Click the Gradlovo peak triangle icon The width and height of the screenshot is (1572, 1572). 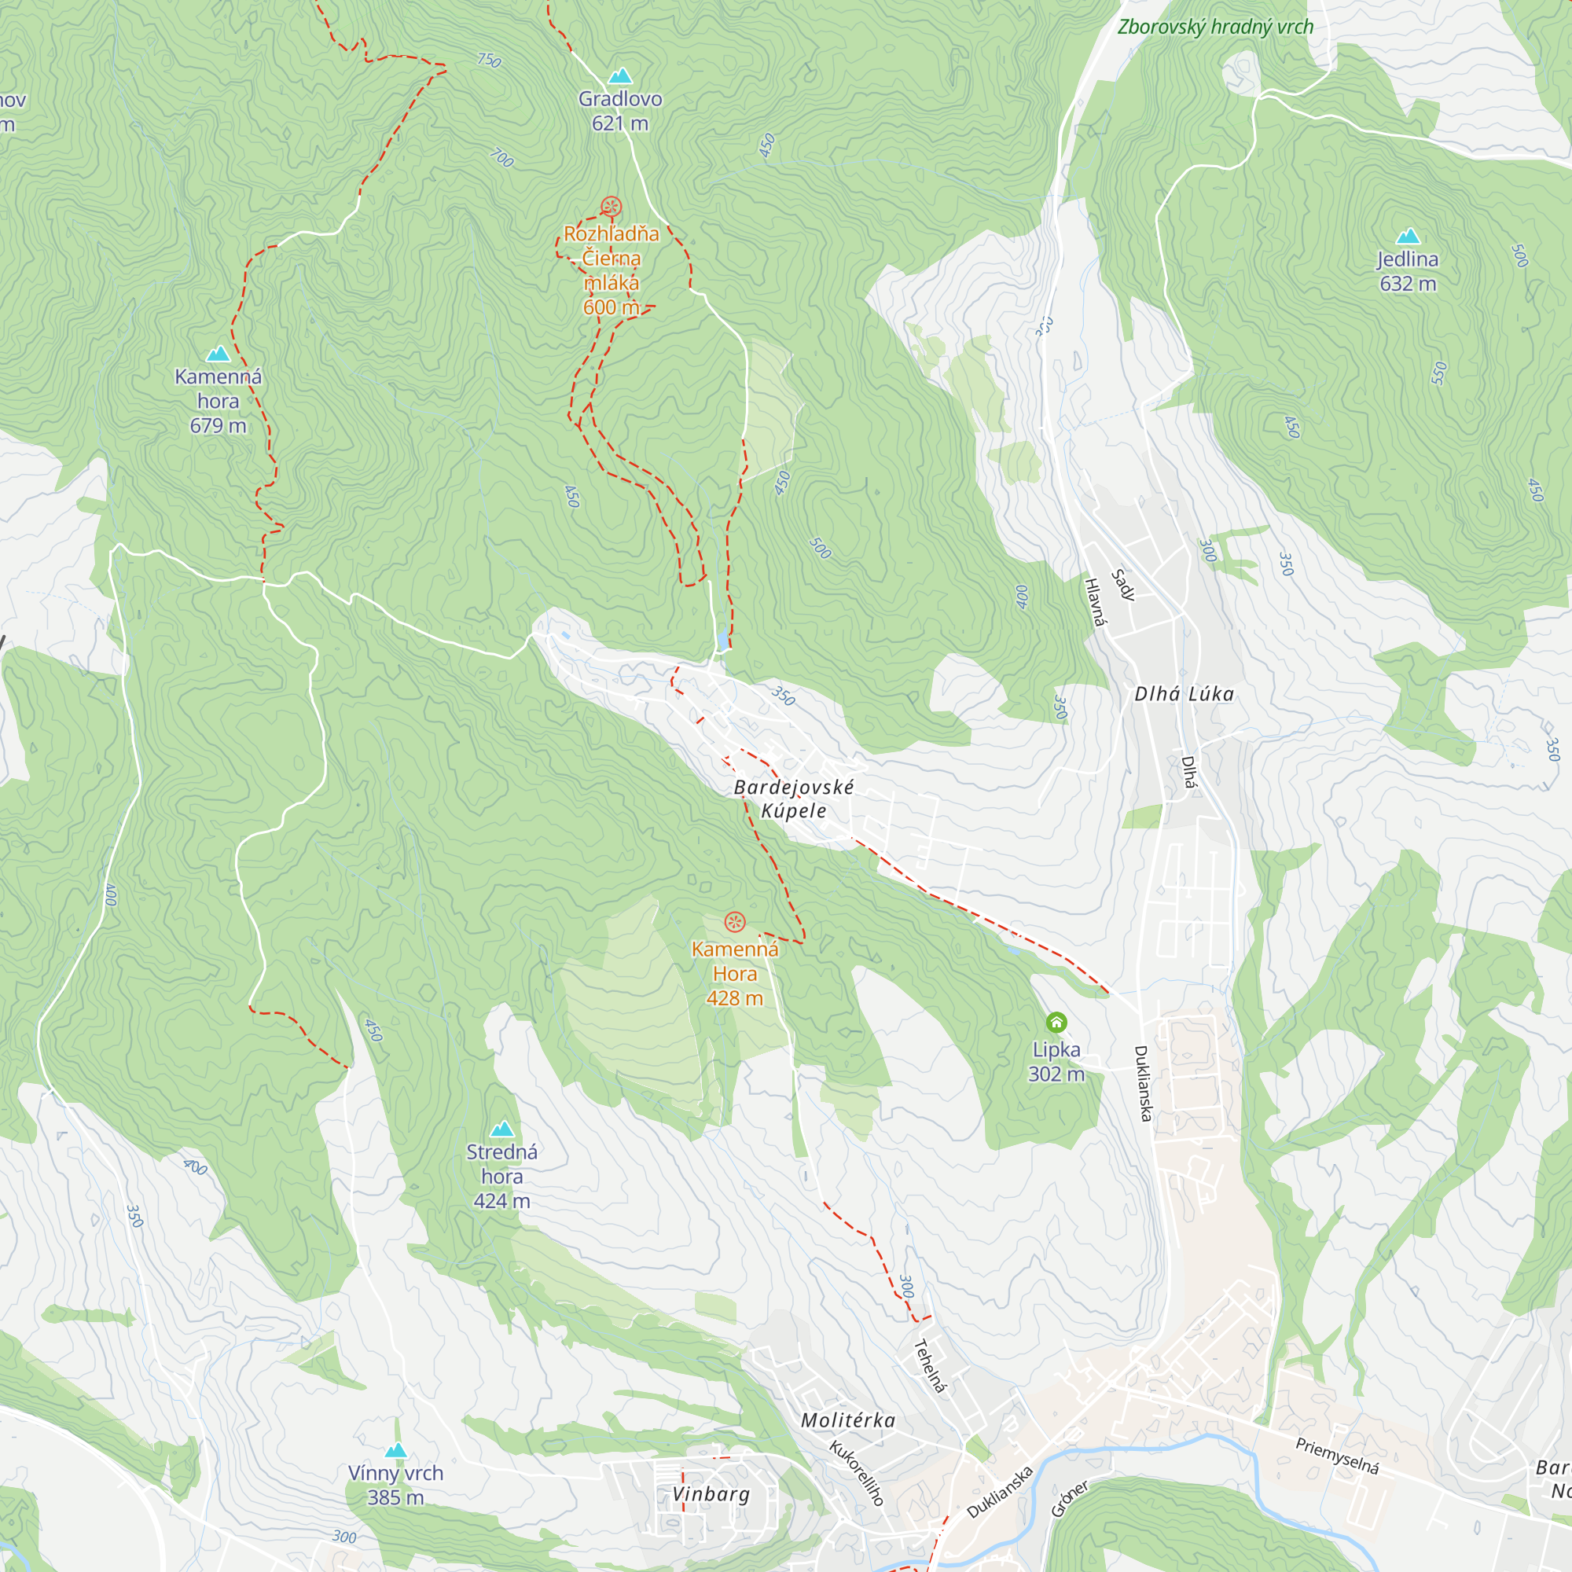tap(620, 76)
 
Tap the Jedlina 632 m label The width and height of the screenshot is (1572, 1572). tap(1408, 271)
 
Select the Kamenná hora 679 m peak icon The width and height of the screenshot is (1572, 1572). tap(218, 354)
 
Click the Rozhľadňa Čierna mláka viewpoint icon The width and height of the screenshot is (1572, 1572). tap(611, 207)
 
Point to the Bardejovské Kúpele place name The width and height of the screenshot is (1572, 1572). tap(793, 799)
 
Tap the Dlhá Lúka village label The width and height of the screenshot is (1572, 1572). tap(1184, 694)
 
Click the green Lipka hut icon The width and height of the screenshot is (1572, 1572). tap(1056, 1022)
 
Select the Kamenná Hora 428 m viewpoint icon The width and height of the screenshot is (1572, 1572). tap(735, 922)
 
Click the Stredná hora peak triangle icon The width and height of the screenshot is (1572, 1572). tap(502, 1129)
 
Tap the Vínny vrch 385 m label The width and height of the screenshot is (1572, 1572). tap(395, 1485)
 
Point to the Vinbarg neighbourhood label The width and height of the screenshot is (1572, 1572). tap(711, 1494)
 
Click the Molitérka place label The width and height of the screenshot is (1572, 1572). tap(848, 1420)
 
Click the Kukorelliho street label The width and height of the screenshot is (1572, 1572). tap(856, 1473)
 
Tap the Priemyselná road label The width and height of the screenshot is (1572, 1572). tap(1337, 1456)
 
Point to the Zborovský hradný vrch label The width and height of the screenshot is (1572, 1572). tap(1215, 27)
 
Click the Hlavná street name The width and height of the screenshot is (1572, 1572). tap(1096, 603)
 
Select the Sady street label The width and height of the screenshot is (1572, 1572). tap(1123, 585)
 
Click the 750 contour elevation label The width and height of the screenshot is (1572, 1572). tap(489, 61)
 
